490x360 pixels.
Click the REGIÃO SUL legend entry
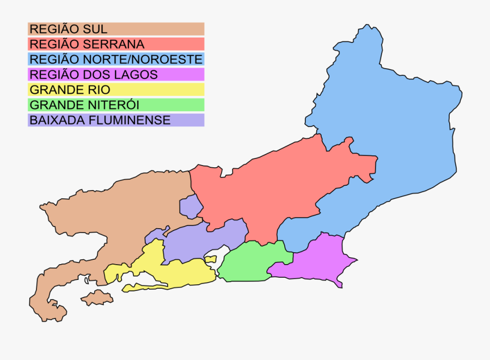(x=116, y=29)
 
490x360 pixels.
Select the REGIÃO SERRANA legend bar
(x=116, y=44)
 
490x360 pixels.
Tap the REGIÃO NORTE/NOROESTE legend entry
(x=116, y=59)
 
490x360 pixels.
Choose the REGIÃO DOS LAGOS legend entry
(x=116, y=75)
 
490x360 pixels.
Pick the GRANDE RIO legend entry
(x=116, y=90)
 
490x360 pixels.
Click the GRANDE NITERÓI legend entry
(x=116, y=105)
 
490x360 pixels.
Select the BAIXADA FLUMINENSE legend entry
(x=116, y=120)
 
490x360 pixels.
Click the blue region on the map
(x=392, y=136)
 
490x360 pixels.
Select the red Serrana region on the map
(x=272, y=185)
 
